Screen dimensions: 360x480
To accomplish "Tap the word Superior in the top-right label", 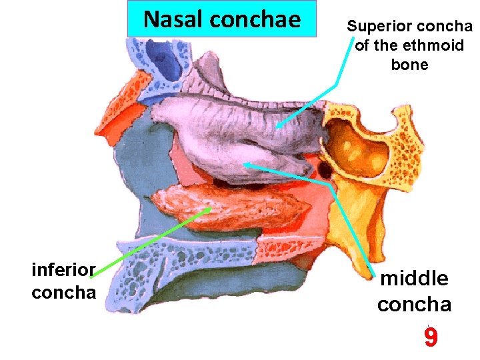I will click(378, 27).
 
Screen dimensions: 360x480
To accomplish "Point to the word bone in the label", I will click(409, 65).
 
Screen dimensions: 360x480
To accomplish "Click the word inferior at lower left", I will click(63, 269).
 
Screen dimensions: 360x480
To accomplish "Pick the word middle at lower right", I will click(413, 278).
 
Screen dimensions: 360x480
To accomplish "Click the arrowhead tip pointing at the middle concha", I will click(243, 163).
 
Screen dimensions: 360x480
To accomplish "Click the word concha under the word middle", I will click(414, 304).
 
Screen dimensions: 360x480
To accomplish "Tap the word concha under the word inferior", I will click(63, 292).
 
